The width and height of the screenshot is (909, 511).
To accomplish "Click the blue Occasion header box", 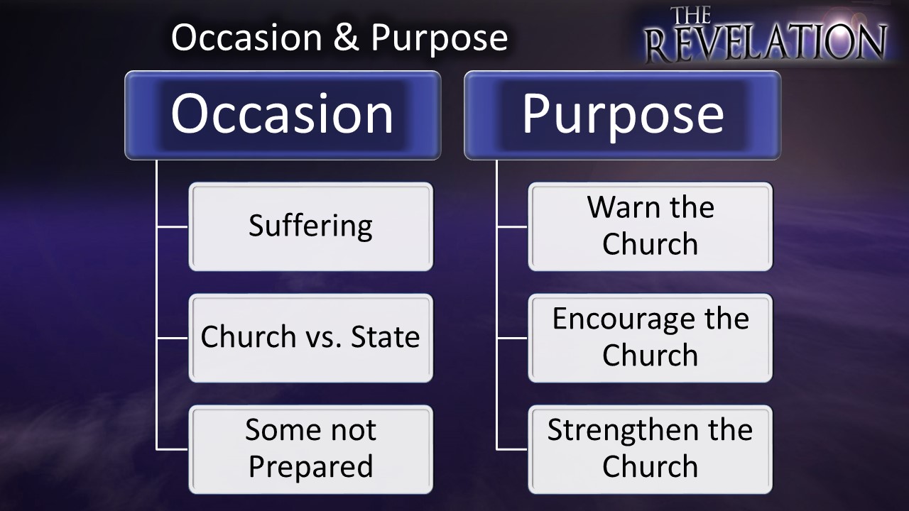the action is point(283,115).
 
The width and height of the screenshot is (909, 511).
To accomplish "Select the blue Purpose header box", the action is point(623,115).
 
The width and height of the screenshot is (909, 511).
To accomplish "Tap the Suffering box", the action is point(311,226).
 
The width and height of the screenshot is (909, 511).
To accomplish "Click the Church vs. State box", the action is point(311,338).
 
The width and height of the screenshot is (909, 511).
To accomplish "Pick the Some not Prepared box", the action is point(311,449).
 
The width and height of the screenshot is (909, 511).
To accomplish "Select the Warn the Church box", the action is point(651,226).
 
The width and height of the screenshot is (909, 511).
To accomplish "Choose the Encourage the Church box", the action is point(651,338).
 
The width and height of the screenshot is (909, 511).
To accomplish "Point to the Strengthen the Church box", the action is point(651,449).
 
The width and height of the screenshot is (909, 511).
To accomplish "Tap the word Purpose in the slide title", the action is point(440,39).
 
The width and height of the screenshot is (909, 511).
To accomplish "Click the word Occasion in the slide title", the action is point(246,38).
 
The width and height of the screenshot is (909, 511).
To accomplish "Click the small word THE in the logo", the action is point(690,16).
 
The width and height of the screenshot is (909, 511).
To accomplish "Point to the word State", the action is point(385,336).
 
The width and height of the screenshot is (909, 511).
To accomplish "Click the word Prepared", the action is point(311,467).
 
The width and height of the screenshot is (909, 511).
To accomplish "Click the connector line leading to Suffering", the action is point(173,226).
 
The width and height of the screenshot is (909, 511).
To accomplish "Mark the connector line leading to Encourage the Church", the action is point(512,338).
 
